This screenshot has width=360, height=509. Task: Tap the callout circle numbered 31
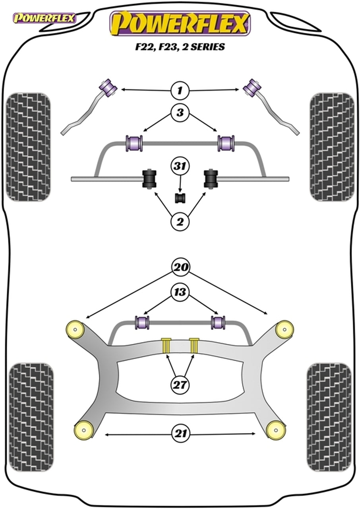180,167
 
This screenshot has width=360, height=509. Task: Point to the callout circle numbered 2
180,222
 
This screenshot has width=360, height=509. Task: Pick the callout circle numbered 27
180,384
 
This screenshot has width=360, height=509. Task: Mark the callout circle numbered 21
180,434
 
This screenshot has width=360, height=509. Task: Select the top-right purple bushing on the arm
252,87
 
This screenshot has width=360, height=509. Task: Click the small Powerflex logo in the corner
44,18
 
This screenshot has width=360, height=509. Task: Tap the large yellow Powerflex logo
180,23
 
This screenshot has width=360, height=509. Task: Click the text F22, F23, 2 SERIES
180,47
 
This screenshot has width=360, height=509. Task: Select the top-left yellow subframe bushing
75,328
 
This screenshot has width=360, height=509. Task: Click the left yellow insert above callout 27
166,345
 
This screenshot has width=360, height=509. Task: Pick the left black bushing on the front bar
149,179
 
